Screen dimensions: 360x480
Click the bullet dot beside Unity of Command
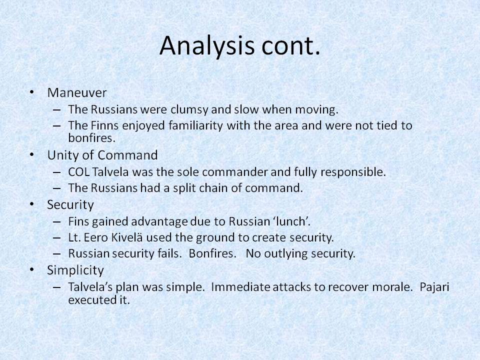(x=32, y=155)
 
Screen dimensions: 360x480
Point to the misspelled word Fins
(x=77, y=221)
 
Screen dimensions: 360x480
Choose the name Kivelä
(x=125, y=237)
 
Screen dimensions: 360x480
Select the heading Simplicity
(x=75, y=270)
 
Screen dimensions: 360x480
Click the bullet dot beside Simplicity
(x=32, y=270)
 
